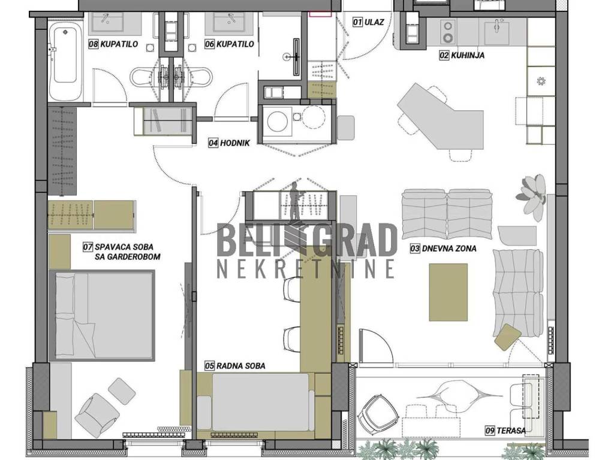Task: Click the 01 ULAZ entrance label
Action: pos(368,22)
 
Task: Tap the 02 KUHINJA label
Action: pos(462,55)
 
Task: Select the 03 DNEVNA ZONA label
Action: pos(443,249)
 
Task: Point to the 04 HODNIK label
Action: pos(229,143)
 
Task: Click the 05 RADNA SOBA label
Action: pos(235,366)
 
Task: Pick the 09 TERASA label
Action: pos(505,431)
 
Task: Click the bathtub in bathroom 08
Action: pos(65,60)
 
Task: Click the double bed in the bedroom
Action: pos(102,315)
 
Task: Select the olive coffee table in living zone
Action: pos(449,292)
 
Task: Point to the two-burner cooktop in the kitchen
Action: pos(447,32)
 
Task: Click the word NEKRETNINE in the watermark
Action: pos(306,268)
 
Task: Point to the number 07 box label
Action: pos(88,247)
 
